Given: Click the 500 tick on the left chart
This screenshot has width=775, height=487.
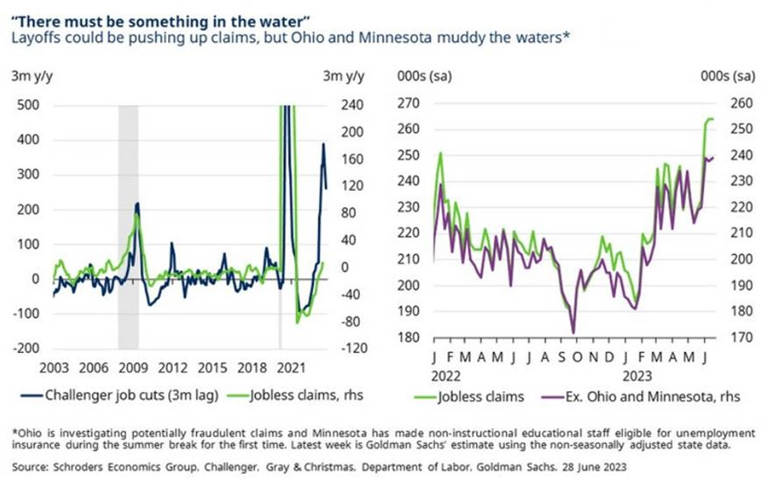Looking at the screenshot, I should (x=27, y=106).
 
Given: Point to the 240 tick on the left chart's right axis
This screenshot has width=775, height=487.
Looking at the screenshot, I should (x=333, y=106).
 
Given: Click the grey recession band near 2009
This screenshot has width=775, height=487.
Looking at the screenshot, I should (x=128, y=226).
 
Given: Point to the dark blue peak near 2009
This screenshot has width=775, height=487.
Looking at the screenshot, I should (x=137, y=204).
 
